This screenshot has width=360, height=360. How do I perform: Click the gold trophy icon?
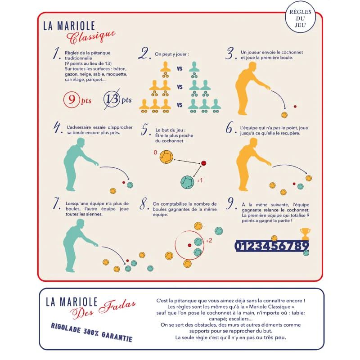305,234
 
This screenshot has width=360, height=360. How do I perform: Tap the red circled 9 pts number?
72,99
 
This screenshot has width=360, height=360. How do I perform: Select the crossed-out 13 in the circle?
112,99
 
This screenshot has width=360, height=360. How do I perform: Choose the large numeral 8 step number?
143,204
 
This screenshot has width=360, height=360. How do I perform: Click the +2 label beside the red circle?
209,241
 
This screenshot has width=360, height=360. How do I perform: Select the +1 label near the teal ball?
199,181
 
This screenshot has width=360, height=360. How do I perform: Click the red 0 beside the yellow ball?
155,153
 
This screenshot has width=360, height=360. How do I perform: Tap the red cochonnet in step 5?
203,163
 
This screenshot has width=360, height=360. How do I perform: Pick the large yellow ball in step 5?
166,157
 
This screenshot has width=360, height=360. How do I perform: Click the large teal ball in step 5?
187,182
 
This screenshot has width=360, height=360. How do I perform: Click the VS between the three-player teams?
180,105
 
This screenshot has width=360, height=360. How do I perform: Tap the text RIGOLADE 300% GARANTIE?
92,332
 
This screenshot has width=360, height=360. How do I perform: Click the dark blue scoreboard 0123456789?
272,246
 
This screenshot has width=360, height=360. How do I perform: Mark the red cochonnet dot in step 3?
295,107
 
